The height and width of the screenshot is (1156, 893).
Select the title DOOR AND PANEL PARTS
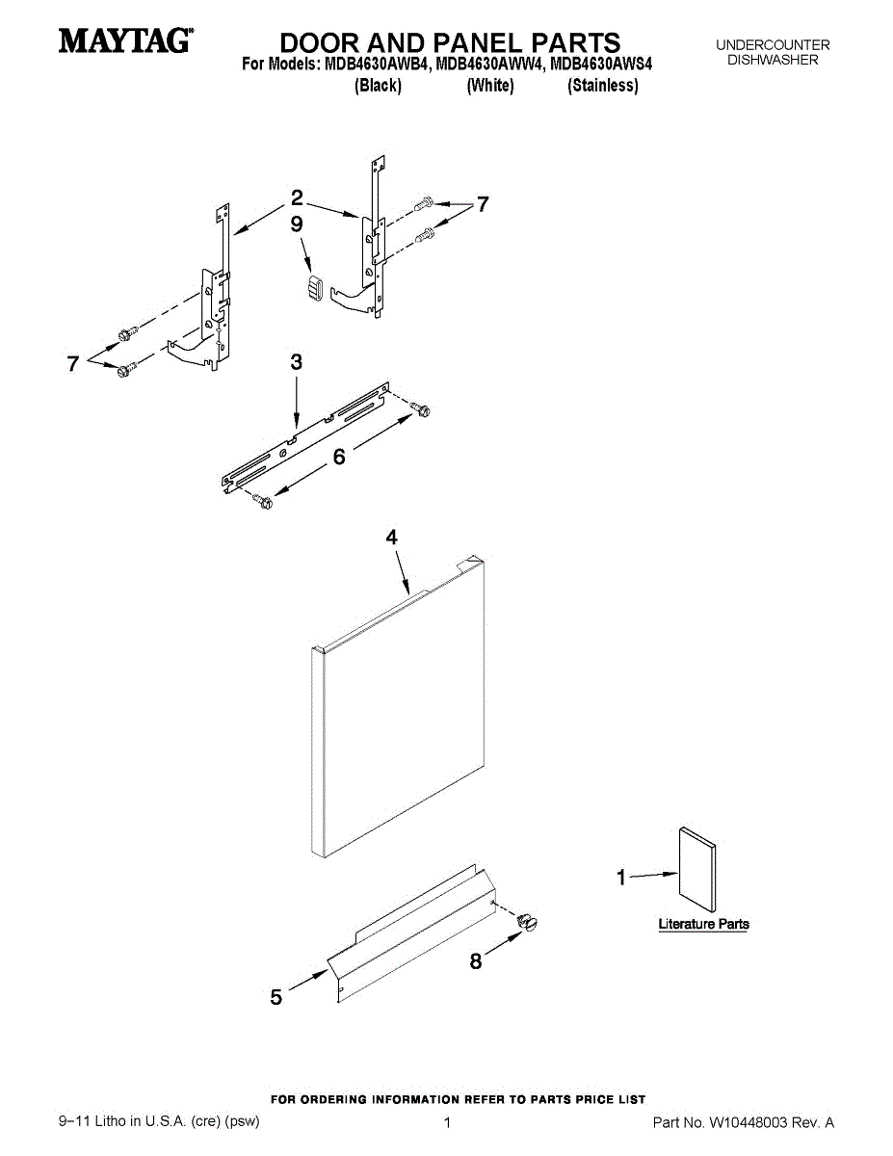coord(450,42)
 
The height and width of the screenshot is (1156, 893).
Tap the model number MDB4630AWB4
coord(374,66)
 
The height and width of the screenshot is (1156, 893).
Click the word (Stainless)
coord(603,86)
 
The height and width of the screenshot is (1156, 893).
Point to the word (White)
coord(490,86)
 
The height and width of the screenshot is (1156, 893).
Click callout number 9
coord(297,223)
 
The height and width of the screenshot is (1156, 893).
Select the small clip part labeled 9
coord(312,287)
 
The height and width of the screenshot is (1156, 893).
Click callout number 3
coord(296,362)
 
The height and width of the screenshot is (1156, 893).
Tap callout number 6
coord(339,458)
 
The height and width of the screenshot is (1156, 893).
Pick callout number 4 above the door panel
coord(392,539)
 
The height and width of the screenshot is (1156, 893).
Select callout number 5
coord(276,998)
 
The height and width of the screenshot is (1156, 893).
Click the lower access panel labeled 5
coord(414,930)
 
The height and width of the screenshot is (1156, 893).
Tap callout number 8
coord(476,960)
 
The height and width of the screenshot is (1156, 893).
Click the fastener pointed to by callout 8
coord(527,922)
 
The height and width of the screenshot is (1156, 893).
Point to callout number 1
coord(621,878)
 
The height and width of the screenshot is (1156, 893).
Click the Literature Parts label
coord(703,924)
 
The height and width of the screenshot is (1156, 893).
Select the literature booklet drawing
coord(696,869)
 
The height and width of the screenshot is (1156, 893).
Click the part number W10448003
coord(749,1123)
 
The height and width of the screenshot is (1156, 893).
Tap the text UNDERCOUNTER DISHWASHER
coord(773,52)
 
